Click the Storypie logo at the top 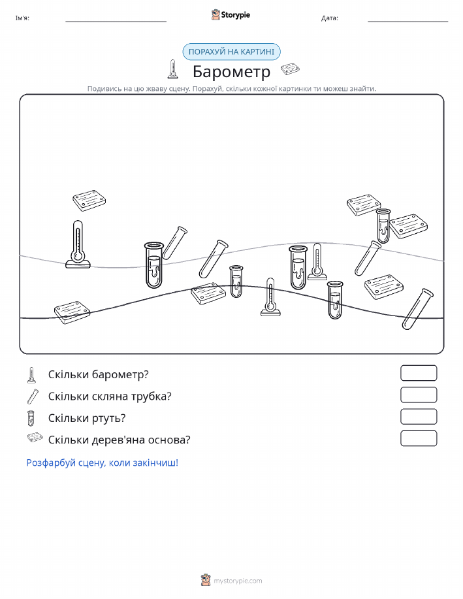click(x=231, y=15)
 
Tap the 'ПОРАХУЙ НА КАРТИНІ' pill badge click(x=231, y=52)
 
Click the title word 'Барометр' click(x=231, y=71)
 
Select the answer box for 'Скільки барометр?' click(x=419, y=373)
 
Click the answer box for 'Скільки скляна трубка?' click(x=419, y=395)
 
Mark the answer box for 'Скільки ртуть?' click(x=419, y=417)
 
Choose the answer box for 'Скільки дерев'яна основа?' click(x=419, y=438)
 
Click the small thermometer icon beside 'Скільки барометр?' click(x=32, y=375)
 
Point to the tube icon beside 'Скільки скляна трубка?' click(x=33, y=396)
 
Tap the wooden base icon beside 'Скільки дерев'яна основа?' click(x=35, y=438)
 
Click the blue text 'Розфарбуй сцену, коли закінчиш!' click(x=103, y=462)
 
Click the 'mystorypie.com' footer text click(x=238, y=581)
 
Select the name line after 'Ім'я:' click(x=116, y=22)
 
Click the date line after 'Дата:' click(x=407, y=22)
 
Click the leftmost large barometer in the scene click(x=78, y=244)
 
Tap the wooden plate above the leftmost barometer click(x=89, y=201)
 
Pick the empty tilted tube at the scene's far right click(x=417, y=309)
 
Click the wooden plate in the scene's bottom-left click(x=72, y=312)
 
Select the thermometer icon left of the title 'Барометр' click(x=172, y=69)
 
